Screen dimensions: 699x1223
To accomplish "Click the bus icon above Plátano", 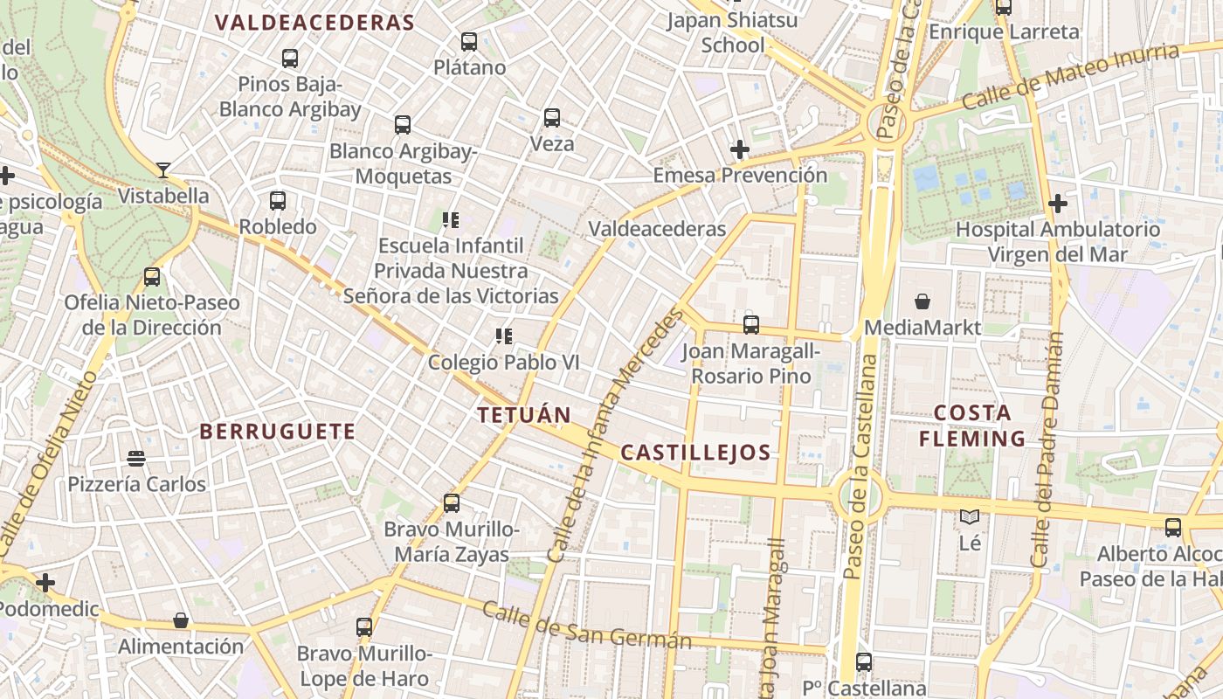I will (469, 41).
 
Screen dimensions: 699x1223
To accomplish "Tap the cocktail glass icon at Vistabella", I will (163, 170).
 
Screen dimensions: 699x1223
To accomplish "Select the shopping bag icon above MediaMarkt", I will (922, 302).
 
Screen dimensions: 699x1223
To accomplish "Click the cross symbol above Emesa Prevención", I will (740, 149).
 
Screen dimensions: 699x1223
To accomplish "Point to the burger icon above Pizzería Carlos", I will (135, 458).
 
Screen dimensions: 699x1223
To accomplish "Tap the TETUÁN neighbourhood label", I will (524, 415).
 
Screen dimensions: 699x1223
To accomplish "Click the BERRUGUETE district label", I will (278, 432).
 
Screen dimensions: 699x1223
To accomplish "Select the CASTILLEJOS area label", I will (695, 453).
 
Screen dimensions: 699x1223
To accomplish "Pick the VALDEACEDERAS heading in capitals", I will (314, 23).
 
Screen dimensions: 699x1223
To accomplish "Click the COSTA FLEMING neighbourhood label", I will (972, 426).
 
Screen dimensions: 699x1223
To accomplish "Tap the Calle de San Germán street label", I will (587, 626).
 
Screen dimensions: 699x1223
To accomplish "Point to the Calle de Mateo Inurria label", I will (1070, 77).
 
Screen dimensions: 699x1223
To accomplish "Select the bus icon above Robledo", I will (278, 201).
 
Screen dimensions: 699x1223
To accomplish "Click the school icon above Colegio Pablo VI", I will (503, 336).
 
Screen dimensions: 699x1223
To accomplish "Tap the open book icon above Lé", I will (970, 517).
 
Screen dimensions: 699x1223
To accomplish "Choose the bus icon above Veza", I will (552, 118).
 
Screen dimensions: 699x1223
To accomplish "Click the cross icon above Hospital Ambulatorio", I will (1058, 204).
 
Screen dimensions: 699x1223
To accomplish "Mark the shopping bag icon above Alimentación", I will (181, 620).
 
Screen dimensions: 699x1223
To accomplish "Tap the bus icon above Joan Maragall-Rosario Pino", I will (751, 325).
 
